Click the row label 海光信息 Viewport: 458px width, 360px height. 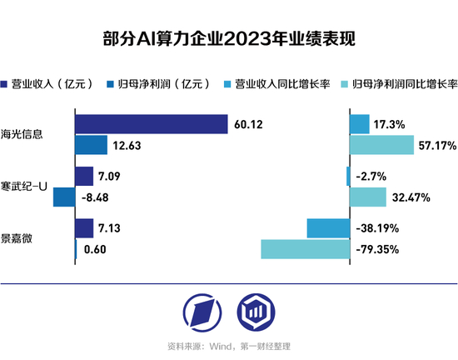pyautogui.click(x=22, y=133)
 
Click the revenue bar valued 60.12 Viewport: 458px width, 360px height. pyautogui.click(x=151, y=124)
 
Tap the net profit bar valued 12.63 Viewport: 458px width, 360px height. pyautogui.click(x=91, y=146)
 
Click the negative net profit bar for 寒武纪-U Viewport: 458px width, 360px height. pyautogui.click(x=63, y=197)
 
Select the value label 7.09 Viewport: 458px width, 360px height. pyautogui.click(x=111, y=177)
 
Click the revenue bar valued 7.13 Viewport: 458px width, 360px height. pyautogui.click(x=84, y=227)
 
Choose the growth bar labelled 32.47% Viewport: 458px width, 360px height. pyautogui.click(x=367, y=197)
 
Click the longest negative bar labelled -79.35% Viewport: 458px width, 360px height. pyautogui.click(x=304, y=249)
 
